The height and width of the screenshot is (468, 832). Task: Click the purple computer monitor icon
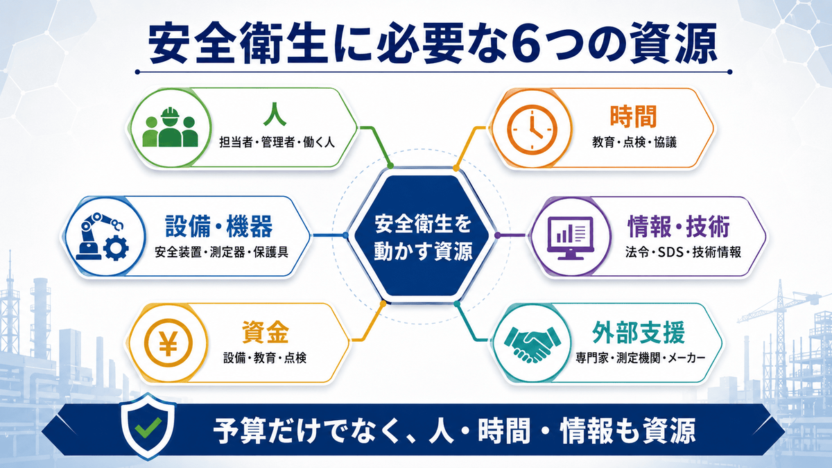tap(571, 238)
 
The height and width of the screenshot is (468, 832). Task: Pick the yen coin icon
tap(168, 343)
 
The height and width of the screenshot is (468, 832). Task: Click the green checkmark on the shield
tap(148, 428)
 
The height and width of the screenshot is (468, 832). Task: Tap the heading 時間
tap(634, 116)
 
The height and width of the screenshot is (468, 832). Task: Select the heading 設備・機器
tap(219, 226)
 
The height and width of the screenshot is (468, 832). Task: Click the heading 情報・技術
tap(679, 226)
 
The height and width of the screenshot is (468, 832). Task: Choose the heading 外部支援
tap(638, 333)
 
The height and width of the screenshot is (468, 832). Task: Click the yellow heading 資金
tap(265, 332)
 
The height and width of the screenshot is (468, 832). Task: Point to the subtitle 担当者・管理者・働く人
tap(277, 142)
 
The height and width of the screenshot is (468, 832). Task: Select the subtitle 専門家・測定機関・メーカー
tap(641, 358)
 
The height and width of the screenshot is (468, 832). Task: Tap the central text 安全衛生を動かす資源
tap(423, 237)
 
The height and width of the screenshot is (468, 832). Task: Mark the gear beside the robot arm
tap(116, 248)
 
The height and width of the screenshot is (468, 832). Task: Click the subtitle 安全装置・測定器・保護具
tap(221, 252)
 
